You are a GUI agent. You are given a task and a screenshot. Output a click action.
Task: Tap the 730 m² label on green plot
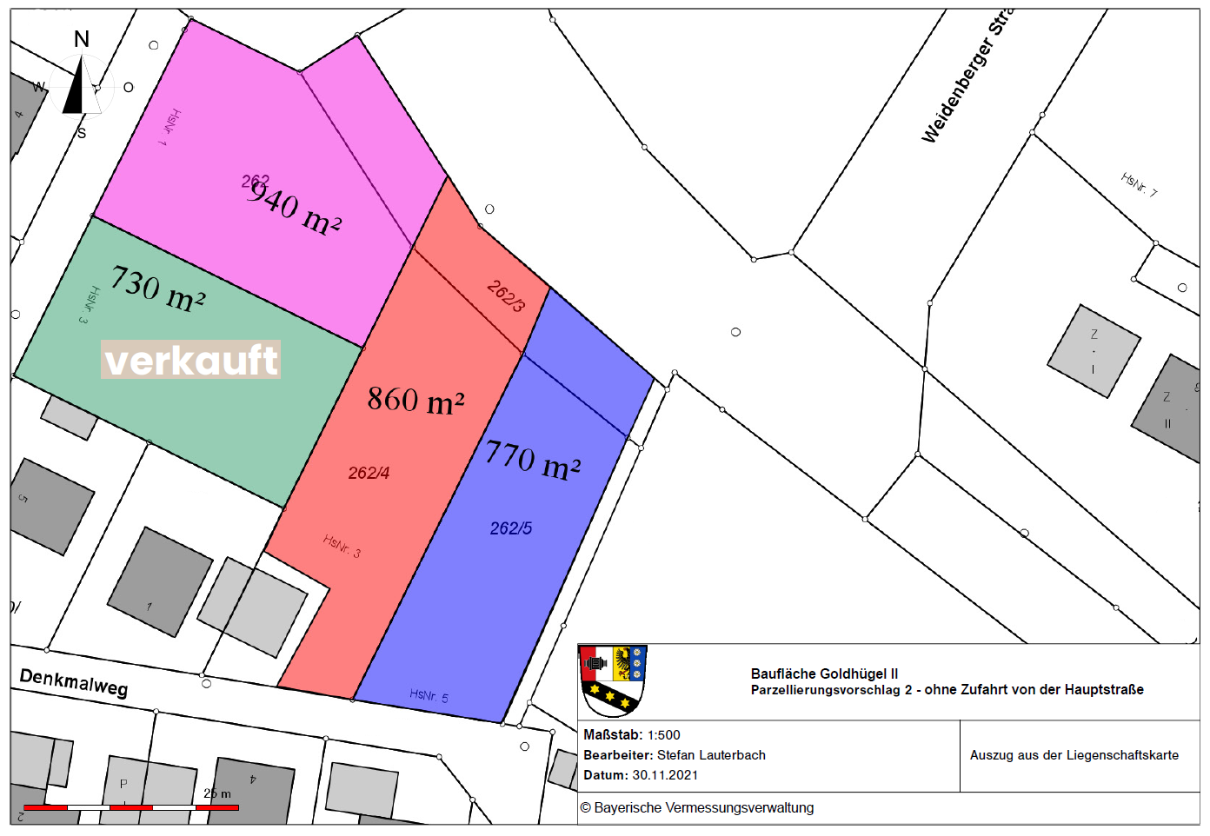pos(158,289)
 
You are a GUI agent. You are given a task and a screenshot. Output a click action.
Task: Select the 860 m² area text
pos(416,400)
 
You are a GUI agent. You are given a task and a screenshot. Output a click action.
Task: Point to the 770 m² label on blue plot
pos(533,460)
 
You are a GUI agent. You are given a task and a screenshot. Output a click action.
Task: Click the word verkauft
pos(191,360)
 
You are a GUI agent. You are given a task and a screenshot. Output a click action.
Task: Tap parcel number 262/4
pos(369,473)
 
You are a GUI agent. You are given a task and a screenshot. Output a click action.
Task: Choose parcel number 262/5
pos(511,528)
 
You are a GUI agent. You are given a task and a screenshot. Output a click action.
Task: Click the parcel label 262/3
pos(507,295)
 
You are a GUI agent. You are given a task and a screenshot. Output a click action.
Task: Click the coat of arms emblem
pos(613,679)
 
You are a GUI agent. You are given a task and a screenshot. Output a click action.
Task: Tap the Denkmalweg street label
pos(74,682)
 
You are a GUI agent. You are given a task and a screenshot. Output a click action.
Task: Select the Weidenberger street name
pos(965,78)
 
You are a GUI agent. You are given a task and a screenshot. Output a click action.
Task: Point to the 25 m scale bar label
pos(217,793)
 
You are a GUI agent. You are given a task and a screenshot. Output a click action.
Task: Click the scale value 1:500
pos(664,735)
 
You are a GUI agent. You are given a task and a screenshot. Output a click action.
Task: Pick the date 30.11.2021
pos(665,775)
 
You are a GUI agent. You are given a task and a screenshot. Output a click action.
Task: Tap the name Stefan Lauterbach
pos(711,755)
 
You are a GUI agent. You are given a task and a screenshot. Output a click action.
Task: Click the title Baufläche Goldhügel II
pos(824,673)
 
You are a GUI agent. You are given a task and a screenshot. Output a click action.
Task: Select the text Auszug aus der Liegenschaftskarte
pos(1074,755)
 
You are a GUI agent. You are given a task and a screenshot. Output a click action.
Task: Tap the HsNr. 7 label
pos(1139,184)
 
